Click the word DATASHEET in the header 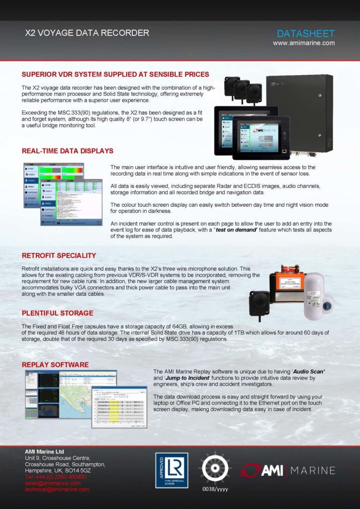(x=305, y=34)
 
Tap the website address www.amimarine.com (x=303, y=43)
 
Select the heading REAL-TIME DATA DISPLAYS (x=68, y=151)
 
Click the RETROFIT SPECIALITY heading (x=59, y=255)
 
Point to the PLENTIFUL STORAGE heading (x=57, y=313)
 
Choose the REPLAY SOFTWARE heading (x=55, y=364)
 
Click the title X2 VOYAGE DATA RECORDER (x=87, y=33)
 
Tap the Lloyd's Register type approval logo (x=172, y=470)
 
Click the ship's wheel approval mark (x=215, y=467)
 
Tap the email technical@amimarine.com (x=57, y=489)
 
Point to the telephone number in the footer (x=56, y=476)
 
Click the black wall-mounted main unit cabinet (x=298, y=112)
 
